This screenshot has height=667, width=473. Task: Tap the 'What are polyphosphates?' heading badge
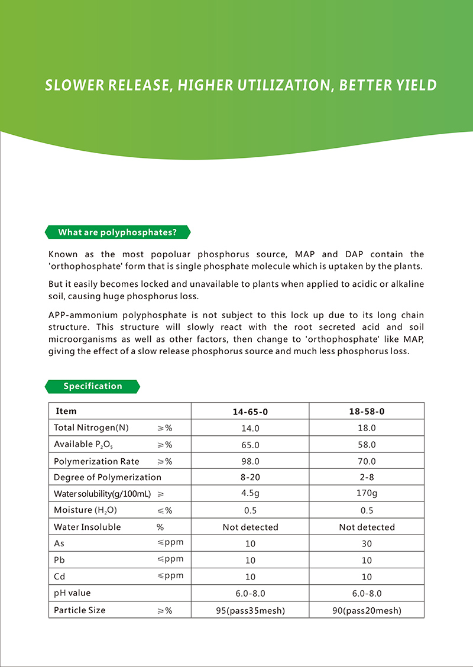tap(118, 232)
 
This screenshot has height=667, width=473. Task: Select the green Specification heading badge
tap(93, 387)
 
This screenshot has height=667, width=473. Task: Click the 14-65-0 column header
tap(250, 412)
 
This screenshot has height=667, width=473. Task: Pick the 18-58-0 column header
tap(367, 412)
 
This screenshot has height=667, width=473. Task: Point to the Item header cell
tap(66, 411)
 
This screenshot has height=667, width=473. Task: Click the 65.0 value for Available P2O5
tap(250, 445)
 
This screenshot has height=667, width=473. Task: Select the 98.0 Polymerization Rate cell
tap(250, 461)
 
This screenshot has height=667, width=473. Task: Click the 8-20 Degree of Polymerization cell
tap(250, 477)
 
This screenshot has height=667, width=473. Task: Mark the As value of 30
tap(367, 543)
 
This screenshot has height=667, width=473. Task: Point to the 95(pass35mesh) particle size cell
tap(250, 610)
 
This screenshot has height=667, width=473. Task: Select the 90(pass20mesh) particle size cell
tap(367, 610)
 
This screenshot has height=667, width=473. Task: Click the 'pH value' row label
tap(72, 592)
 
